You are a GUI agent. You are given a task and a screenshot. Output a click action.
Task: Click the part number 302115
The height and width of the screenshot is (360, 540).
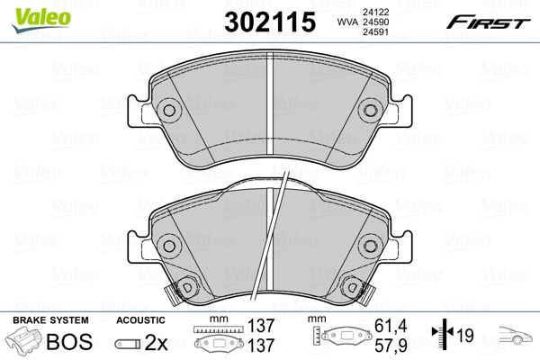271,21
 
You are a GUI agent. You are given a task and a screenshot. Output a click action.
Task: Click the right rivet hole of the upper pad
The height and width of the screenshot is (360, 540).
369,111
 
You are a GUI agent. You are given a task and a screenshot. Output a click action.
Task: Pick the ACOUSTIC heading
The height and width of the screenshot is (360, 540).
141,320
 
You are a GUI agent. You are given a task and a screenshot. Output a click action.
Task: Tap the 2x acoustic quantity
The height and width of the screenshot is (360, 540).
157,342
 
